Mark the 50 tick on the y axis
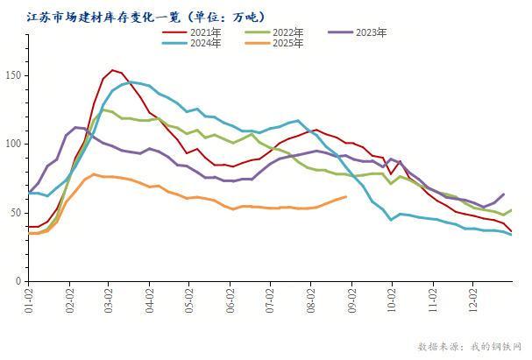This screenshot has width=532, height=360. coord(16,213)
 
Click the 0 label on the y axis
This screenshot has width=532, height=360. coord(18,281)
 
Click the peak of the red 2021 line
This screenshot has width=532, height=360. coord(112,70)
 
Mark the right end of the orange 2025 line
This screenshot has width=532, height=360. coord(346,196)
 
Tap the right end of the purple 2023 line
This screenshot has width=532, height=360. coord(503,194)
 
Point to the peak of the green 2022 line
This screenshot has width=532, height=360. coord(103,109)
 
